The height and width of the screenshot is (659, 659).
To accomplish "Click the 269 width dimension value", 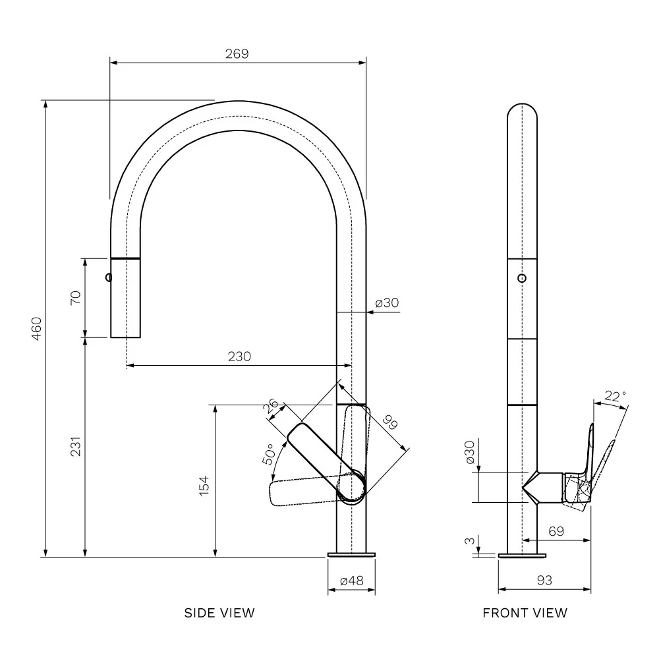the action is pos(237,54).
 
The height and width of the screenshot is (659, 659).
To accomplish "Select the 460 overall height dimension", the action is pos(36,329).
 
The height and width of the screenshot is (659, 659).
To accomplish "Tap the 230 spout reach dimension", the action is pos(239,357).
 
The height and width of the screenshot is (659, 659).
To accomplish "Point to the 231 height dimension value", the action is pos(75,447).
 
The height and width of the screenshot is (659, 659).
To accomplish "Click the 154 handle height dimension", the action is pos(204,486).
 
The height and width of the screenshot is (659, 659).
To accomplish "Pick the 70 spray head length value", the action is pos(75,298).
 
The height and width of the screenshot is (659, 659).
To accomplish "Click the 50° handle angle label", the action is pos(270,454).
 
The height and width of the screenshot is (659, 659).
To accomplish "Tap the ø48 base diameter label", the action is pos(351,581).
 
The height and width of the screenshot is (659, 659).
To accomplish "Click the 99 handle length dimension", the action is pos(390,422).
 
